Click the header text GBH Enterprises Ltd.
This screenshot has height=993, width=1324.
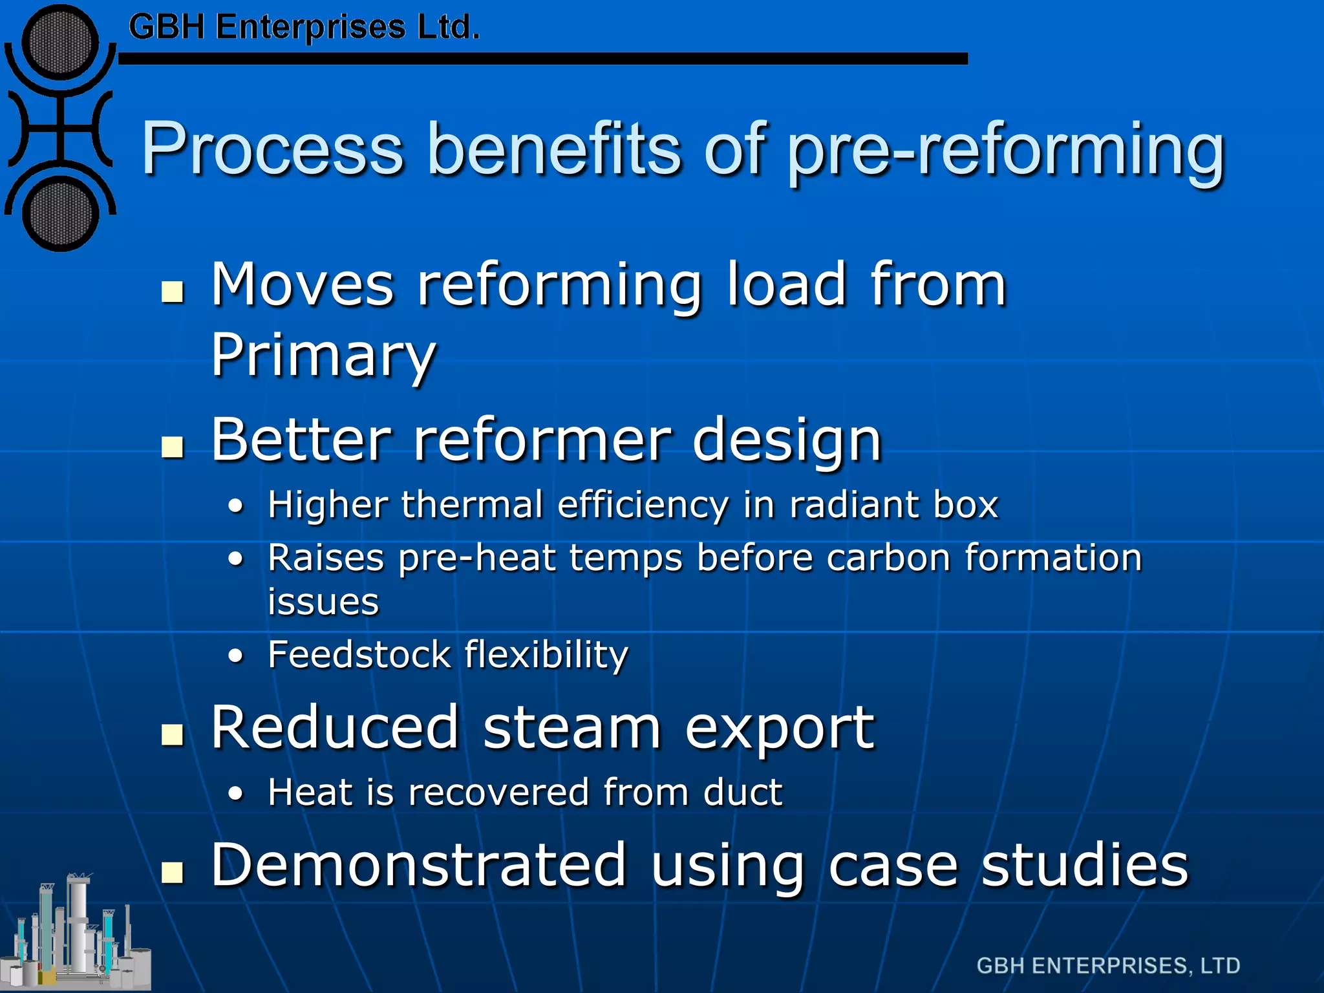pyautogui.click(x=304, y=28)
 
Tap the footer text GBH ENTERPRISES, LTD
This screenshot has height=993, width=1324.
pyautogui.click(x=1108, y=966)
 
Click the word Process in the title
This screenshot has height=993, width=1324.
pyautogui.click(x=272, y=149)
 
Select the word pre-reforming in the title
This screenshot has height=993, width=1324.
pyautogui.click(x=1005, y=152)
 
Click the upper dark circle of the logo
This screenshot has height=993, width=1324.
pyautogui.click(x=60, y=43)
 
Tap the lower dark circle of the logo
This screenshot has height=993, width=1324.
pyautogui.click(x=60, y=215)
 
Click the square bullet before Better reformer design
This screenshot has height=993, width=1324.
pyautogui.click(x=173, y=446)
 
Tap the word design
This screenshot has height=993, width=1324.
pyautogui.click(x=787, y=442)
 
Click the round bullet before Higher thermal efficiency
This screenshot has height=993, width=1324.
pyautogui.click(x=237, y=506)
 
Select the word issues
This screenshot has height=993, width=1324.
pyautogui.click(x=323, y=602)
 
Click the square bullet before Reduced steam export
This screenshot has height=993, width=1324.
pyautogui.click(x=173, y=734)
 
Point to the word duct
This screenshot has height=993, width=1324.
pyautogui.click(x=743, y=792)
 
